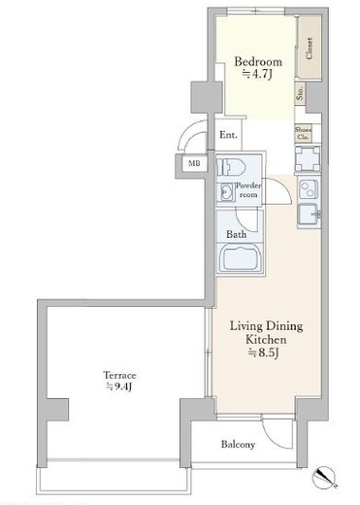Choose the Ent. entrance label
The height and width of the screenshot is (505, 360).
(x=229, y=135)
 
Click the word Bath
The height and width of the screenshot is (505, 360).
(x=235, y=234)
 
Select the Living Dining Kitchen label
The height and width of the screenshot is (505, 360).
(x=259, y=335)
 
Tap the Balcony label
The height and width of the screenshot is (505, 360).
(x=237, y=445)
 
